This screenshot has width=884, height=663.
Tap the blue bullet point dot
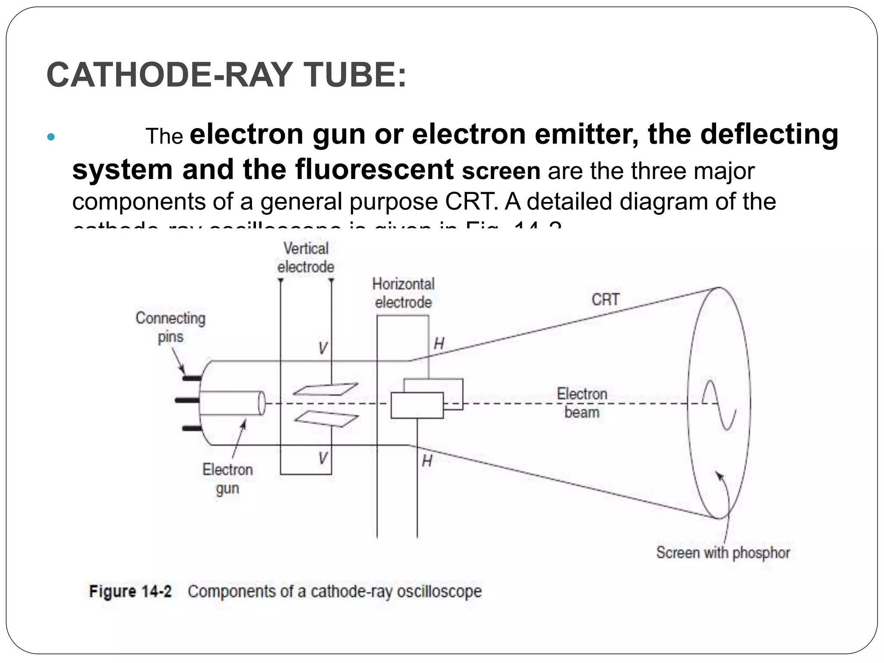pyautogui.click(x=51, y=137)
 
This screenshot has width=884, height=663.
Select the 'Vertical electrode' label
pyautogui.click(x=306, y=258)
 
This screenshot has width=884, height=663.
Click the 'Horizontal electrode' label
pyautogui.click(x=403, y=293)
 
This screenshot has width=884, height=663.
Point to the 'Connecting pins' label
pyautogui.click(x=170, y=327)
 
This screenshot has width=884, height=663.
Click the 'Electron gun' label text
pyautogui.click(x=227, y=479)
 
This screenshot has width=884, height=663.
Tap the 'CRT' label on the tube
pyautogui.click(x=605, y=300)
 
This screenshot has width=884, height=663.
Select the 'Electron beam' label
pyautogui.click(x=582, y=403)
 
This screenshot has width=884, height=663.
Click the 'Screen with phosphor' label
pyautogui.click(x=723, y=552)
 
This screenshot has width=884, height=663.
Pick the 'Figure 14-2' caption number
pyautogui.click(x=130, y=591)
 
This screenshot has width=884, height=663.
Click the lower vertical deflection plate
pyautogui.click(x=326, y=418)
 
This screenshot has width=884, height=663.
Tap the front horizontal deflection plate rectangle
pyautogui.click(x=417, y=405)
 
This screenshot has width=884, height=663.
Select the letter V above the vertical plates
pyautogui.click(x=323, y=348)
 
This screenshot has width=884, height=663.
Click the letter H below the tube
pyautogui.click(x=427, y=461)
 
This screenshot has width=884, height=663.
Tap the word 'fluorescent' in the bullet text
pyautogui.click(x=374, y=169)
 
